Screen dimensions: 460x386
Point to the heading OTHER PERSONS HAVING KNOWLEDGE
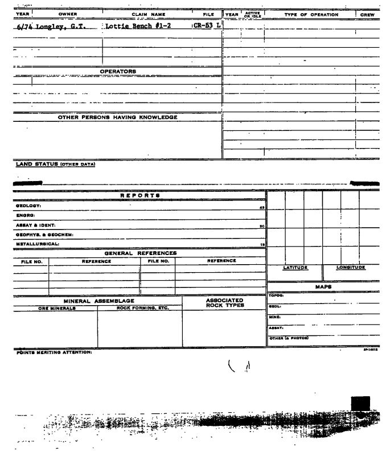(118, 117)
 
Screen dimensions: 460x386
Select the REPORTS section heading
(139, 195)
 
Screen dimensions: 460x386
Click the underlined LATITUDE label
(295, 266)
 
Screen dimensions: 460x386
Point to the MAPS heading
(325, 286)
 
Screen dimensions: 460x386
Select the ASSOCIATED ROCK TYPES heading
(224, 303)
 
